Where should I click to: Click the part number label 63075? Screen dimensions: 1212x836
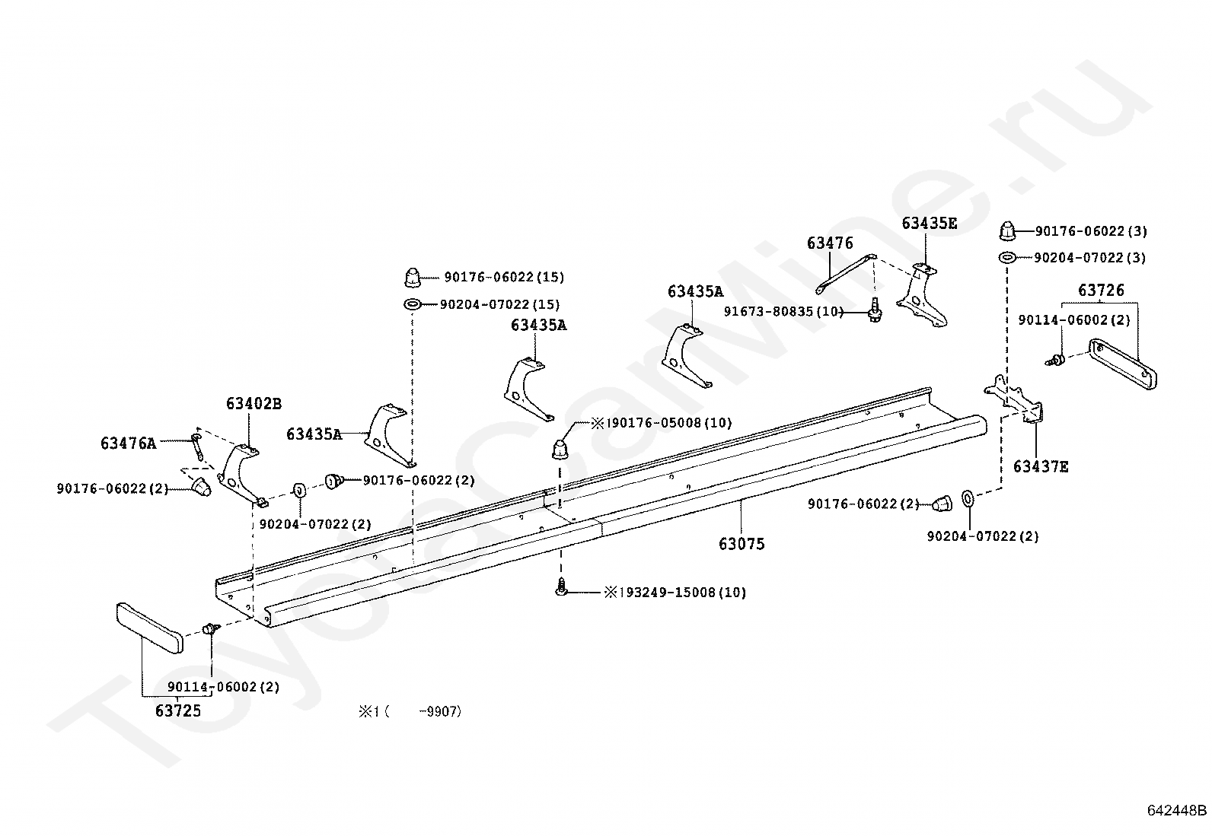pyautogui.click(x=742, y=543)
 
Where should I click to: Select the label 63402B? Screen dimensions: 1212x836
pyautogui.click(x=254, y=403)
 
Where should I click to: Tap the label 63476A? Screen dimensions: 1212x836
pyautogui.click(x=128, y=443)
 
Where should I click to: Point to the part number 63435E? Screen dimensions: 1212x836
pyautogui.click(x=929, y=224)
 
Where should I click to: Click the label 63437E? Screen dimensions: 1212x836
pyautogui.click(x=1041, y=466)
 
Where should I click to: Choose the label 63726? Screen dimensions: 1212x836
pyautogui.click(x=1101, y=291)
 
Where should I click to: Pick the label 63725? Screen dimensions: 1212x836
pyautogui.click(x=178, y=710)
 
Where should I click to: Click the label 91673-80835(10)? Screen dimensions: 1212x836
pyautogui.click(x=783, y=311)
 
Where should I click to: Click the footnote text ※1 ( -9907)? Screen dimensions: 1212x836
pyautogui.click(x=410, y=712)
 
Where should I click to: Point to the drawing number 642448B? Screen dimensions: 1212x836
pyautogui.click(x=1177, y=825)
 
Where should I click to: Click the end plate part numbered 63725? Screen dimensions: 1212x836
pyautogui.click(x=149, y=628)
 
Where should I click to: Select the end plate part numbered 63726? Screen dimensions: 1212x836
pyautogui.click(x=1122, y=364)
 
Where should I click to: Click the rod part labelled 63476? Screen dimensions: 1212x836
pyautogui.click(x=846, y=274)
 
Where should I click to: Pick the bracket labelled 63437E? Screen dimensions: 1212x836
pyautogui.click(x=1013, y=399)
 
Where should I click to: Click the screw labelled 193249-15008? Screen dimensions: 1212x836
pyautogui.click(x=561, y=587)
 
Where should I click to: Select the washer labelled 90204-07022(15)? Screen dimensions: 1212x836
pyautogui.click(x=413, y=304)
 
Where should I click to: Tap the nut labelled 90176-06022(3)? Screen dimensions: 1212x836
pyautogui.click(x=1006, y=231)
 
